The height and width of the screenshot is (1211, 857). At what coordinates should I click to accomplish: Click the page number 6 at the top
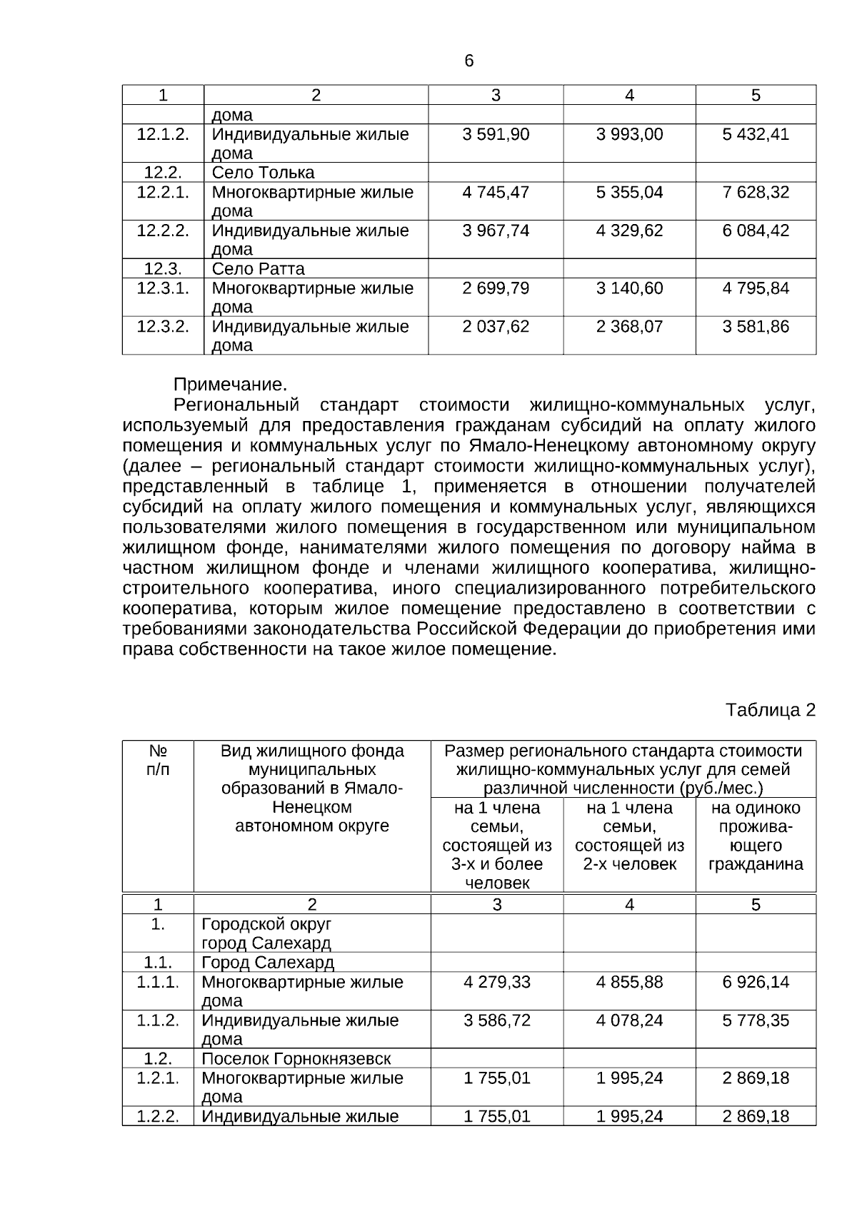point(468,61)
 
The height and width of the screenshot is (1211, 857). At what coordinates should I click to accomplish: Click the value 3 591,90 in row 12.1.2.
point(496,134)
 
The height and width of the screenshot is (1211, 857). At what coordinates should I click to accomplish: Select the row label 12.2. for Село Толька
point(163,173)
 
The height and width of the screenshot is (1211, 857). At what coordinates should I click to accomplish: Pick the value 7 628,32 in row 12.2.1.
point(756,192)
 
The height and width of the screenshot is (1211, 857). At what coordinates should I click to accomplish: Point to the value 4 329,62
point(629,230)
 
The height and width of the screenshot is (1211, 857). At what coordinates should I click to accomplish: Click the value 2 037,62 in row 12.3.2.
point(496,327)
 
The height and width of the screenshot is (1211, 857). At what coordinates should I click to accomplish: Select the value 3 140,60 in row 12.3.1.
point(629,288)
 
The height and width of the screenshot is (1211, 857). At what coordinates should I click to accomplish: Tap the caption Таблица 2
point(770,710)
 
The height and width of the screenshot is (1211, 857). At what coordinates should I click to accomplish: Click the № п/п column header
point(158,761)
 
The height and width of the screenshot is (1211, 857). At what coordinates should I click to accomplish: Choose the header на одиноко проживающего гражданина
point(756,836)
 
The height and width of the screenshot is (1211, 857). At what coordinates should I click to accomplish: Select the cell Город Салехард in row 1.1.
point(268,963)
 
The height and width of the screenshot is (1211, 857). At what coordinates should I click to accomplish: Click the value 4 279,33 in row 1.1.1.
point(496,982)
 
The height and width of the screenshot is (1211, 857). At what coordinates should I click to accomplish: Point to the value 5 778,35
point(756,1020)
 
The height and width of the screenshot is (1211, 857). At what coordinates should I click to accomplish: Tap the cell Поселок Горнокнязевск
point(296,1059)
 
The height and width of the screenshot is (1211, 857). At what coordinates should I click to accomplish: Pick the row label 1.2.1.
point(158,1078)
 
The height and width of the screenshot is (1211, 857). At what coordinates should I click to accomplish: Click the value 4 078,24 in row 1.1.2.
point(629,1020)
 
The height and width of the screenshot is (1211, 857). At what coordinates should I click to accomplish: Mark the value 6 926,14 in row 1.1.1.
point(756,982)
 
